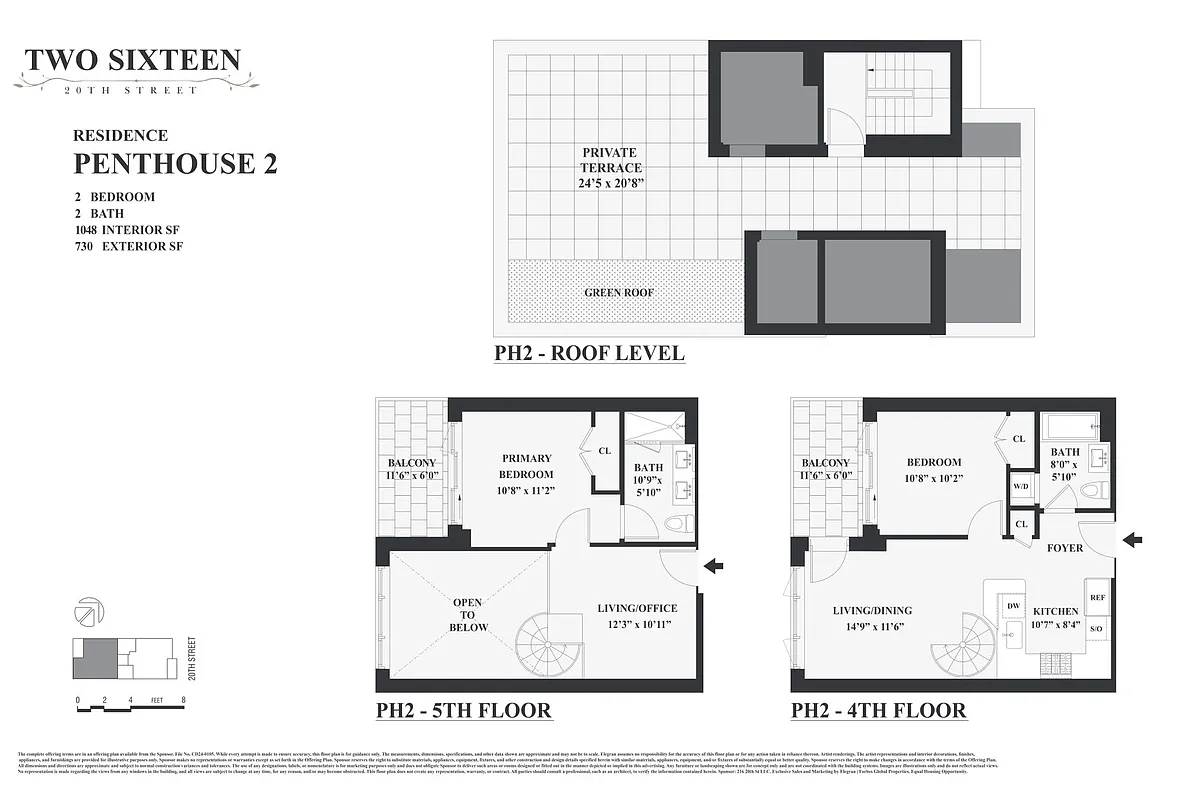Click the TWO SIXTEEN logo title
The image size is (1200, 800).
click(x=133, y=60)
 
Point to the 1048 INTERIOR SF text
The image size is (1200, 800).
click(x=129, y=229)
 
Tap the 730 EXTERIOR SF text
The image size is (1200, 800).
click(x=129, y=246)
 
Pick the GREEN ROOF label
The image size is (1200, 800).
click(x=619, y=293)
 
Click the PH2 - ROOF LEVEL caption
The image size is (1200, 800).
click(x=589, y=353)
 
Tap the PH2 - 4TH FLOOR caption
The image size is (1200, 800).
click(x=878, y=711)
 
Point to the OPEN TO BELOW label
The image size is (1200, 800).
click(x=467, y=615)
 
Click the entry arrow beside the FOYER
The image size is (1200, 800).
click(x=1132, y=541)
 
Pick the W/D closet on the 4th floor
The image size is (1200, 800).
click(x=1021, y=487)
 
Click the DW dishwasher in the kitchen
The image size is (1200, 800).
click(x=1012, y=606)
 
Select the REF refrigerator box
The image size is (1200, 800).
click(x=1097, y=597)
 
